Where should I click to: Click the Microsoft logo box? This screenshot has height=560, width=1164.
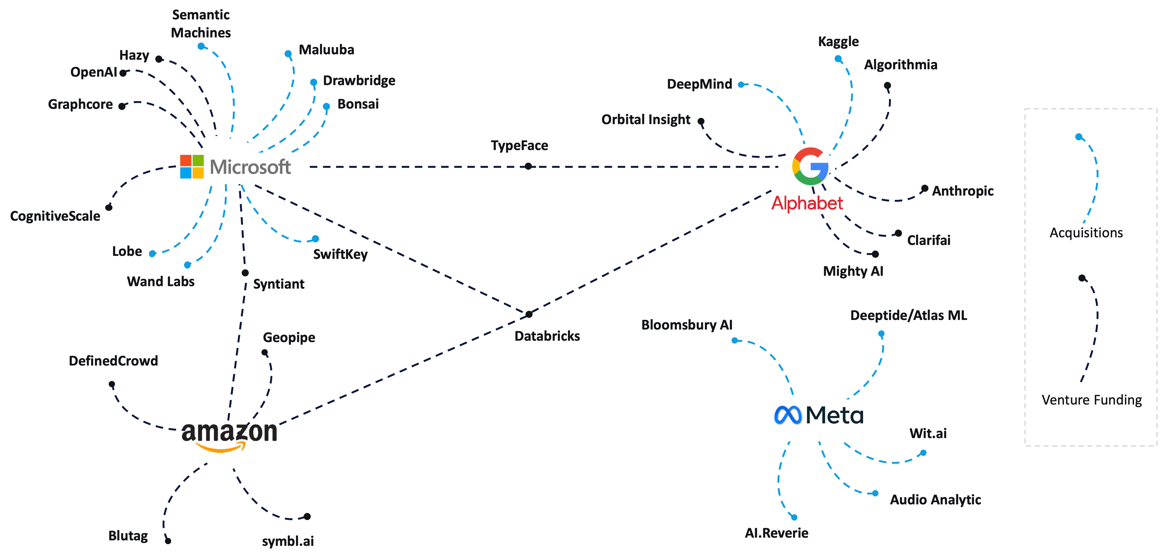[243, 168]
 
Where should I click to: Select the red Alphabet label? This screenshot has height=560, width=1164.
[807, 203]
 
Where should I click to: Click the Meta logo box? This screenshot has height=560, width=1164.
[818, 420]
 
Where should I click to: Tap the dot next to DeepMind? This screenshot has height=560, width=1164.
[741, 85]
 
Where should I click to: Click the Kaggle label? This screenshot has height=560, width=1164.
[838, 41]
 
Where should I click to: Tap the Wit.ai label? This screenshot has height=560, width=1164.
[928, 433]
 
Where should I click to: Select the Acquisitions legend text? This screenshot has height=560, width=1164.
[1086, 233]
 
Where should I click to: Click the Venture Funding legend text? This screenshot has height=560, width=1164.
[1091, 400]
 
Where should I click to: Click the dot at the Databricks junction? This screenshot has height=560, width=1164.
[529, 314]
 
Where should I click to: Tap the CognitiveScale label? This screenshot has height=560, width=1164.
[55, 216]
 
